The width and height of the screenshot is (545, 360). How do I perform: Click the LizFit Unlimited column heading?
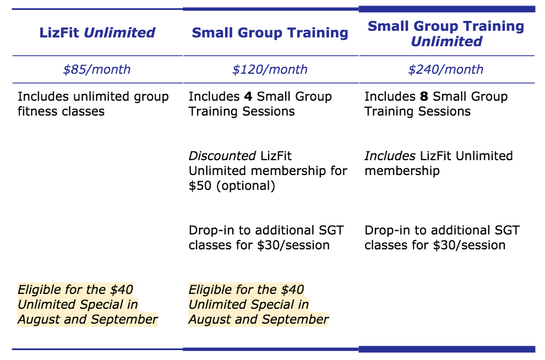(x=97, y=32)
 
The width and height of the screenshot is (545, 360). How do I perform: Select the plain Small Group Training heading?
(x=270, y=33)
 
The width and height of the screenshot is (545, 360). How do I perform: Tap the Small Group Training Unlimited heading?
(x=446, y=34)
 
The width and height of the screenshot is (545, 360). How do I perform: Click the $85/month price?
(x=97, y=69)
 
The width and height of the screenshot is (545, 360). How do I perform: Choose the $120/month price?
(x=270, y=69)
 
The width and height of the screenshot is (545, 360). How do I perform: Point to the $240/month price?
(x=445, y=69)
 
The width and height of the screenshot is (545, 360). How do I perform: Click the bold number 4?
(x=248, y=96)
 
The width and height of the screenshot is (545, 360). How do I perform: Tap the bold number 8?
(x=424, y=96)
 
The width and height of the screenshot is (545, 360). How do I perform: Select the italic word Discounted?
(x=222, y=156)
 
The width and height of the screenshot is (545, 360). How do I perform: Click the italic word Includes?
(x=390, y=156)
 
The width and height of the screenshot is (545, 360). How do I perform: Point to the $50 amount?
(x=200, y=186)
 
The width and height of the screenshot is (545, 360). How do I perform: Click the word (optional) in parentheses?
(x=246, y=186)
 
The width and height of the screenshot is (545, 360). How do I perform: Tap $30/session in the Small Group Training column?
(x=293, y=246)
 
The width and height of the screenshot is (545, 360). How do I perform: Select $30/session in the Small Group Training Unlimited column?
(x=469, y=246)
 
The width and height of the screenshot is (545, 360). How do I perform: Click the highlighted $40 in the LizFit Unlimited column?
(x=122, y=290)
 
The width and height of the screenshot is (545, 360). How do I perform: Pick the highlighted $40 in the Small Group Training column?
(x=293, y=290)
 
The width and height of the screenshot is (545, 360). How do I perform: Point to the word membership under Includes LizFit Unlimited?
(x=402, y=171)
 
